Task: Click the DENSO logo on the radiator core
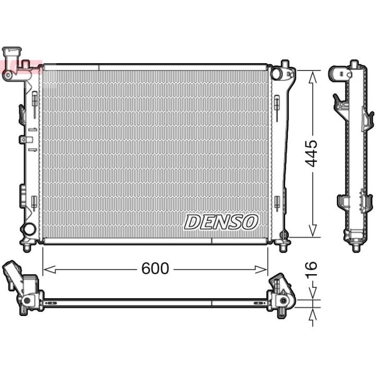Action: click(221, 222)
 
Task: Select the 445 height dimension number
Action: click(311, 153)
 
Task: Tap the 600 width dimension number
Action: click(155, 268)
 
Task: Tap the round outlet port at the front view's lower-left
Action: click(29, 228)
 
